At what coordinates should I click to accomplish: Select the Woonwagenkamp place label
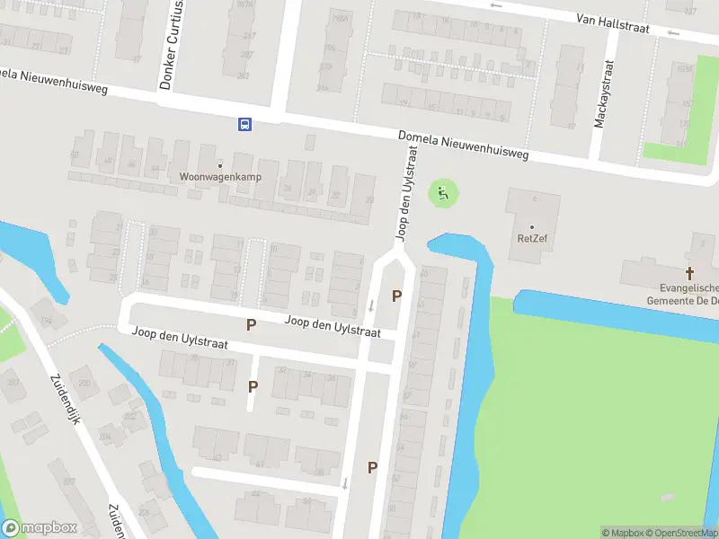click(220, 177)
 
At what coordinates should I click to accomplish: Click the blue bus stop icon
click(244, 125)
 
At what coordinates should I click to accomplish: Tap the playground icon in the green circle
click(442, 191)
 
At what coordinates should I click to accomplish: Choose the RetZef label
click(531, 240)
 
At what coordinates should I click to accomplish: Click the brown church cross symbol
click(690, 272)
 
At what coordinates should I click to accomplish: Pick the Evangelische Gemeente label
click(682, 295)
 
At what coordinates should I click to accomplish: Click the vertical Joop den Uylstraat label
click(406, 194)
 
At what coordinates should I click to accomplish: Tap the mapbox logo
click(40, 527)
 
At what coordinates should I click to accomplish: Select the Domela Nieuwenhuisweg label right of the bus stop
click(464, 146)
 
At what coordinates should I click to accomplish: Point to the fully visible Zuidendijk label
click(67, 410)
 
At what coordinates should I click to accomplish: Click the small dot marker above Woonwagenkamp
click(220, 164)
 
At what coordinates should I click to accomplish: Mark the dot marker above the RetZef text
click(531, 227)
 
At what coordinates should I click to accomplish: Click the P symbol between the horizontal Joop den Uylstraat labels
click(252, 324)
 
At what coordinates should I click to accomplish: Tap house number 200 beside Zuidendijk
click(84, 384)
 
